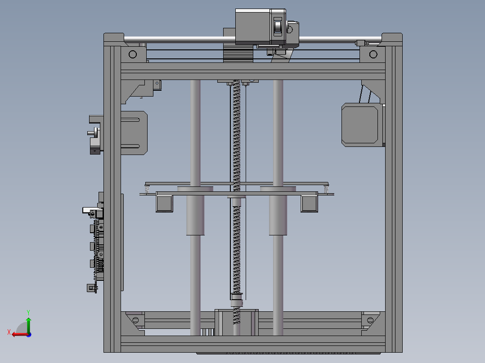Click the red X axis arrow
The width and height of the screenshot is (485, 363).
17,334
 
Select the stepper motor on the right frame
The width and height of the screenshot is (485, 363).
360,124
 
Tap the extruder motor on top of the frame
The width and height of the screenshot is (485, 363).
252,27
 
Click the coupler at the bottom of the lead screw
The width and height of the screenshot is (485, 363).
237,299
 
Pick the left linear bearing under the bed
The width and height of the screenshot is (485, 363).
195,216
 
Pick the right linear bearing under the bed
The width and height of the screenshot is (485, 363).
278,216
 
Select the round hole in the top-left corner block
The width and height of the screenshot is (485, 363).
132,54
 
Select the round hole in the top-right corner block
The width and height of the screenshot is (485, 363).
373,54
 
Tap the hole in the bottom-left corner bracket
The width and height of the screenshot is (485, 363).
135,320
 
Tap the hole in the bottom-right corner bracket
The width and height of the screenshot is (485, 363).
370,320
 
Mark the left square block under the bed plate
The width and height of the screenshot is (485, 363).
165,204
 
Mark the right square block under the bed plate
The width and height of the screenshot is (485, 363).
309,204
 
